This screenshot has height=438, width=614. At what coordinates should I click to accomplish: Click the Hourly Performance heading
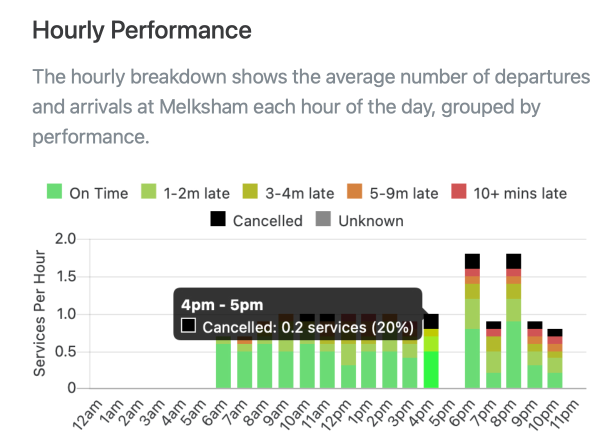click(x=141, y=30)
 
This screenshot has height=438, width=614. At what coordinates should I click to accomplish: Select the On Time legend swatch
click(x=54, y=192)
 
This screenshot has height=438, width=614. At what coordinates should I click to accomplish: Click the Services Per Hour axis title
click(x=39, y=313)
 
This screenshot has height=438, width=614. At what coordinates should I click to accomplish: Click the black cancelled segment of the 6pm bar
click(x=472, y=261)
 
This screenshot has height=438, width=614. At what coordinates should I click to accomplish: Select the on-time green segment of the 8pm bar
click(x=513, y=354)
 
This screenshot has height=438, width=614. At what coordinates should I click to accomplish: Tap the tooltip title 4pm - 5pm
click(x=221, y=305)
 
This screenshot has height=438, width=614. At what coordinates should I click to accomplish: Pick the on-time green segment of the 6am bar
click(x=223, y=365)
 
